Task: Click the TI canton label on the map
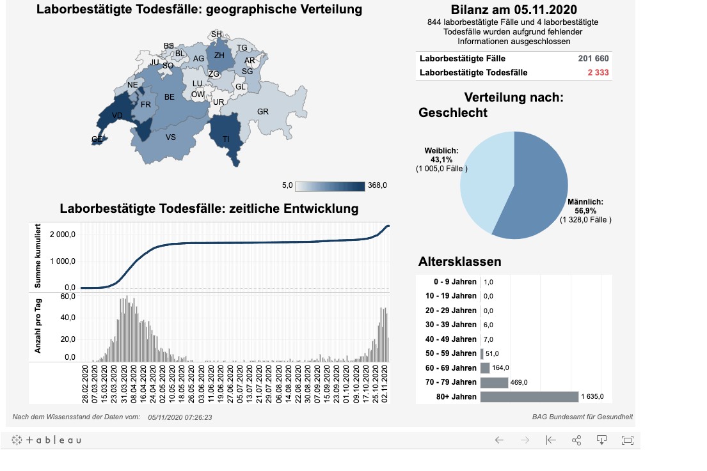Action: pyautogui.click(x=226, y=139)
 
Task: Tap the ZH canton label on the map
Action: pyautogui.click(x=219, y=56)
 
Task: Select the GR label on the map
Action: pyautogui.click(x=262, y=111)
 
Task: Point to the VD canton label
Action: pyautogui.click(x=117, y=116)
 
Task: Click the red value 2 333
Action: pyautogui.click(x=598, y=73)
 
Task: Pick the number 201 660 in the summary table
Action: pyautogui.click(x=593, y=58)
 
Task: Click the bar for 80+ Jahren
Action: pyautogui.click(x=528, y=397)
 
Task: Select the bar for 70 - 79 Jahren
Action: pyautogui.click(x=493, y=382)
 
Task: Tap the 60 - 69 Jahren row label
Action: pyautogui.click(x=450, y=368)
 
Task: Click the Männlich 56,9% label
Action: pyautogui.click(x=585, y=206)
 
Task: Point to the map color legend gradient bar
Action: pyautogui.click(x=330, y=185)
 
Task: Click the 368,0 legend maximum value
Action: pyautogui.click(x=377, y=185)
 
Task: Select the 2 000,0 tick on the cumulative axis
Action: pyautogui.click(x=64, y=235)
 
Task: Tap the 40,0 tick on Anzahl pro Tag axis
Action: pyautogui.click(x=68, y=318)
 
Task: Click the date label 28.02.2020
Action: pyautogui.click(x=85, y=383)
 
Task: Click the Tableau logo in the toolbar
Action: pyautogui.click(x=47, y=440)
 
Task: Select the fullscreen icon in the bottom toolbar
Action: pyautogui.click(x=627, y=440)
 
